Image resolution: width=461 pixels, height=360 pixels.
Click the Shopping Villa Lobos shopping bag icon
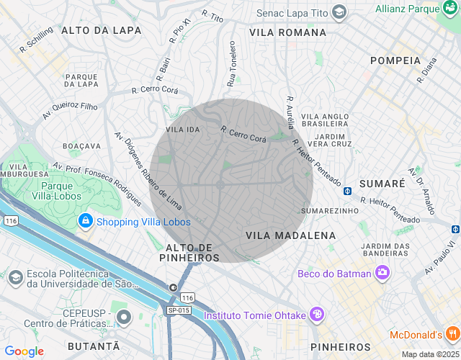coord(86,220)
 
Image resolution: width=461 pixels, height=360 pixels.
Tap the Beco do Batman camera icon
coord(382,272)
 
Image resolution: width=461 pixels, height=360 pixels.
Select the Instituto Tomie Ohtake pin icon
coord(316,315)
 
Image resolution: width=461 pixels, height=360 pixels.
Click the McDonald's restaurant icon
coord(452,334)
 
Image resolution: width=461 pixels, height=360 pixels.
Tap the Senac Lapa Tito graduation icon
coord(339,12)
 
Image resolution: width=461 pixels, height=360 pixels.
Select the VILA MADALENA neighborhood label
coord(290,235)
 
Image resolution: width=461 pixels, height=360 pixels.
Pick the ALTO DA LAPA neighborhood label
coord(101,30)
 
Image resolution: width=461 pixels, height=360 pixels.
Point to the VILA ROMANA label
coord(288,32)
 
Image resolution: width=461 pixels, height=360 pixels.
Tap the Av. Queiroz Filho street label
coord(69,110)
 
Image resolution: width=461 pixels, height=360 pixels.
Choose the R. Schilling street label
coord(36,41)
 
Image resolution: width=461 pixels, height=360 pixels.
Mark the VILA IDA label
coord(182,130)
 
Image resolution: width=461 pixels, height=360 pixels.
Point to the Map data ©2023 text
coord(429,354)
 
